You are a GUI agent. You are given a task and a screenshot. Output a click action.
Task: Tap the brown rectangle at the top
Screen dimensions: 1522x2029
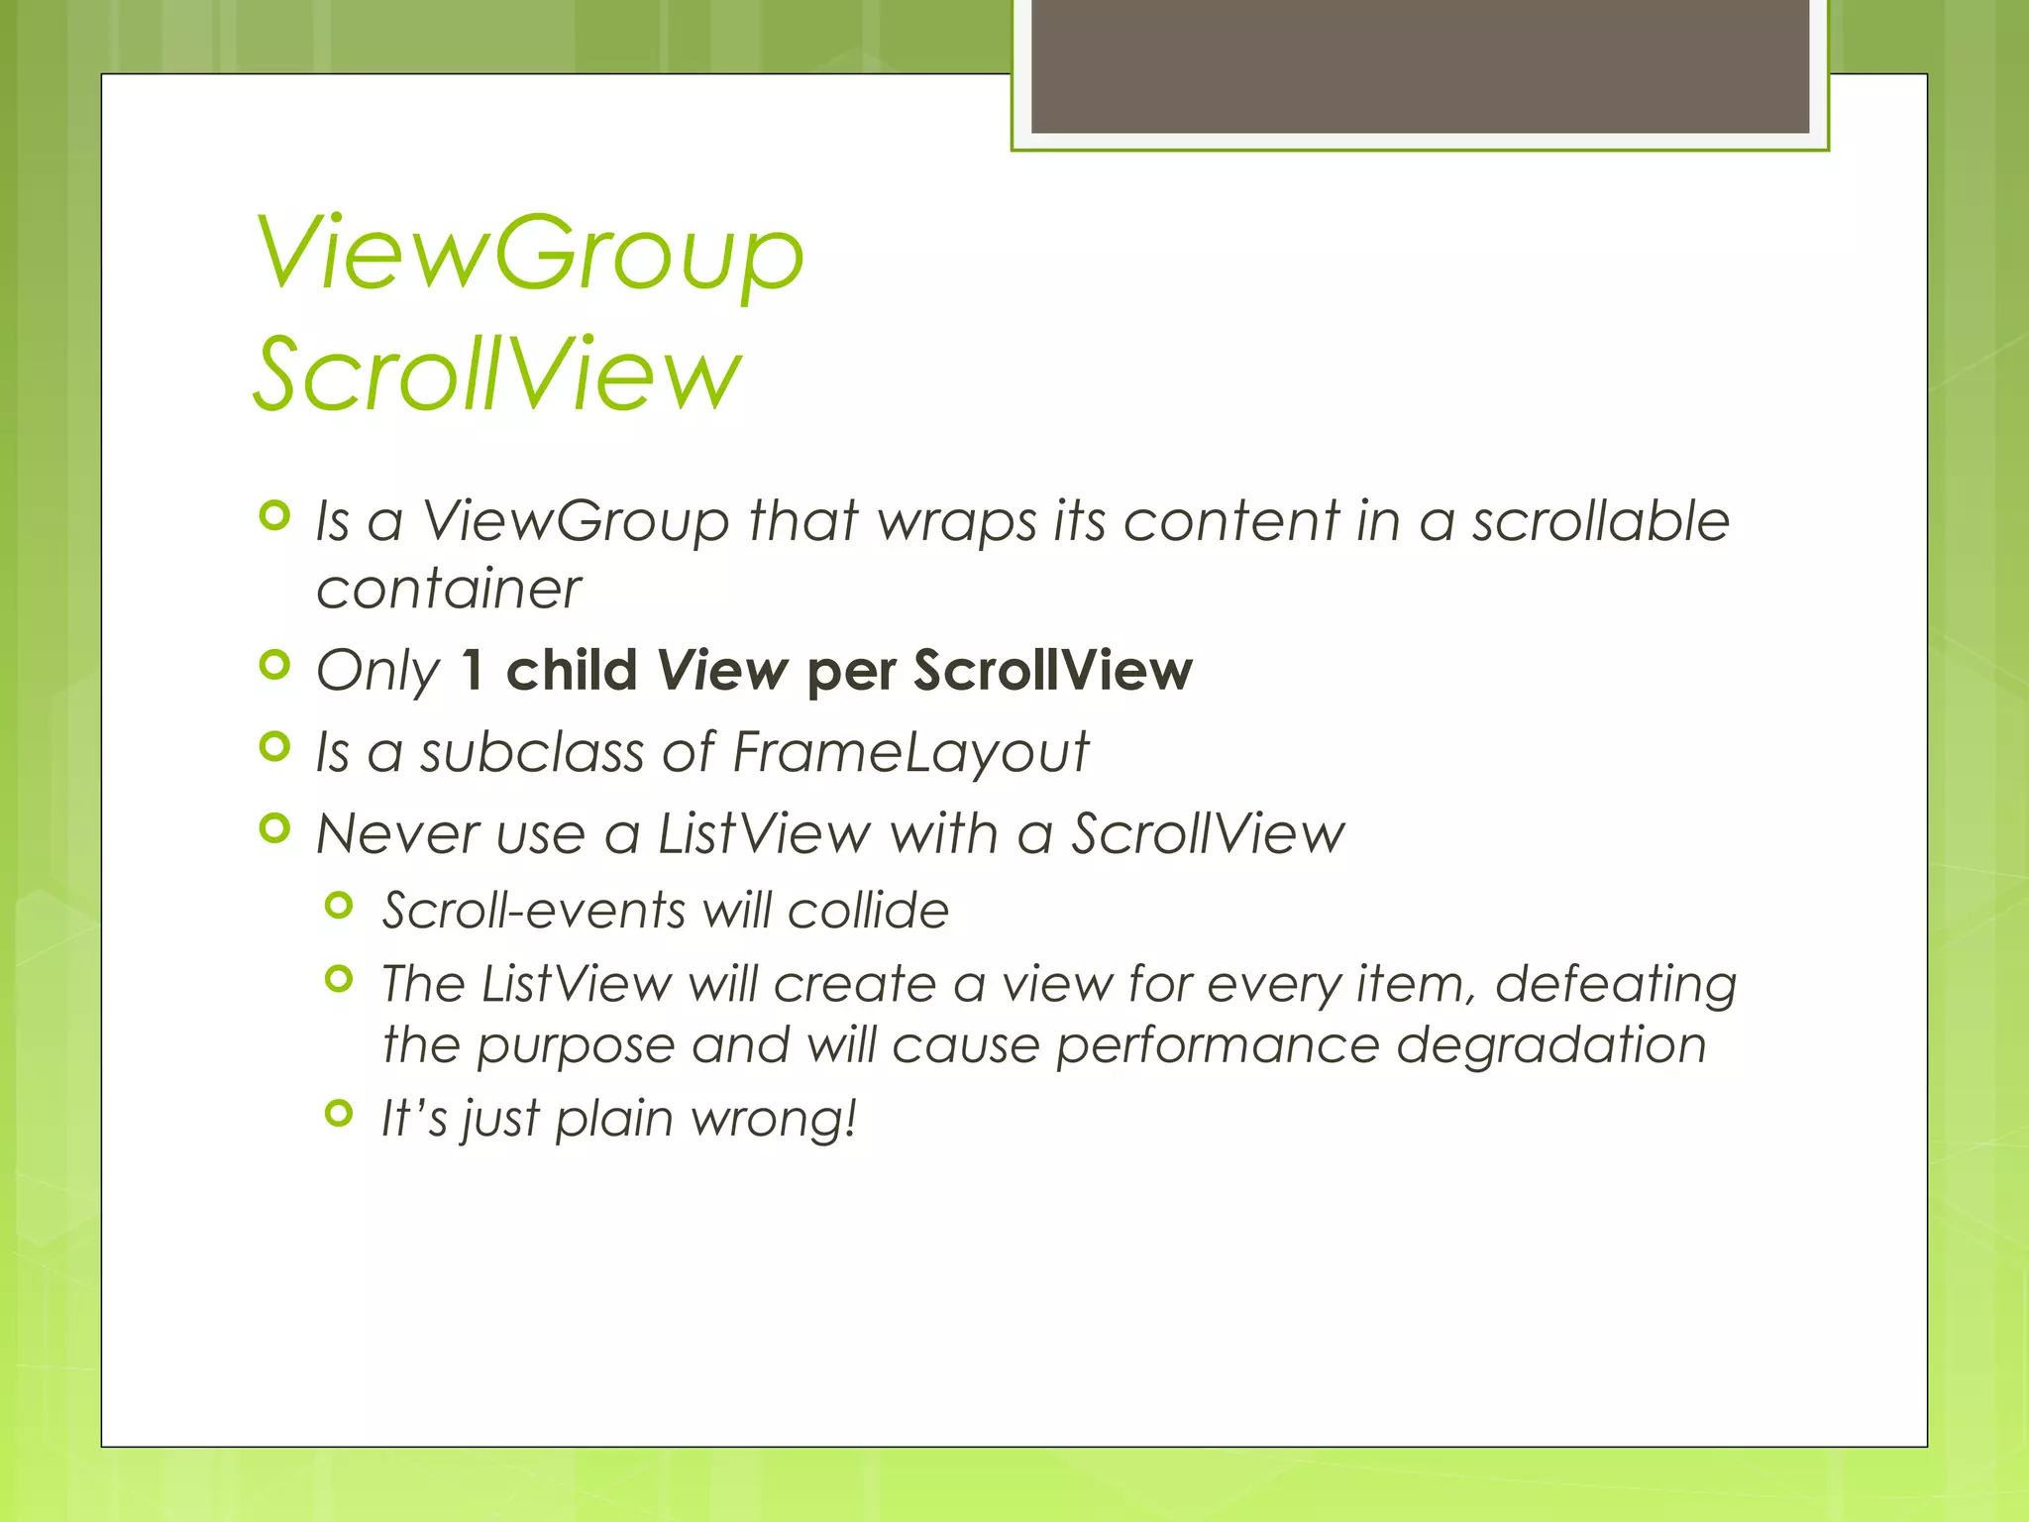pyautogui.click(x=1420, y=65)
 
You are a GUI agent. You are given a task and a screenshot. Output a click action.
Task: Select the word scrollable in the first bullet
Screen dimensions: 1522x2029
pyautogui.click(x=1600, y=521)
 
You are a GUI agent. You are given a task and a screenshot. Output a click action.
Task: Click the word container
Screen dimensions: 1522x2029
pyautogui.click(x=448, y=590)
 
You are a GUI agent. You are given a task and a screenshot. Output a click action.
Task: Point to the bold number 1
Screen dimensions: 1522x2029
pyautogui.click(x=473, y=671)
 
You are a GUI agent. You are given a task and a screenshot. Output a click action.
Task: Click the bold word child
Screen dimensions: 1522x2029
pyautogui.click(x=572, y=671)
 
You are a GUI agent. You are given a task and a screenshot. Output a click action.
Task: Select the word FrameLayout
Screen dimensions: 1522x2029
pyautogui.click(x=909, y=752)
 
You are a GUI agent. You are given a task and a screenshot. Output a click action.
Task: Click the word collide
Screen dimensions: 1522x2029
pyautogui.click(x=868, y=911)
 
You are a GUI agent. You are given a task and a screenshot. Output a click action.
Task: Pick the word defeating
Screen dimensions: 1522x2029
pyautogui.click(x=1615, y=985)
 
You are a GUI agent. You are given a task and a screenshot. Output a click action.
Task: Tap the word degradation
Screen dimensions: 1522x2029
pyautogui.click(x=1551, y=1046)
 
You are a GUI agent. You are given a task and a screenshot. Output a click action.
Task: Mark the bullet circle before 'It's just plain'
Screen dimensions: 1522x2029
pyautogui.click(x=339, y=1114)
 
